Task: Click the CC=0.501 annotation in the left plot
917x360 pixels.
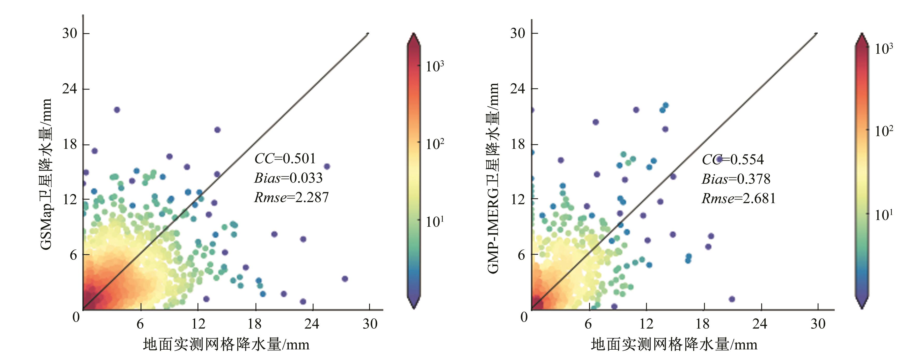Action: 285,158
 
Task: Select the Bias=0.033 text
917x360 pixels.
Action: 288,178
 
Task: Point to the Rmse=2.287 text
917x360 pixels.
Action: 291,197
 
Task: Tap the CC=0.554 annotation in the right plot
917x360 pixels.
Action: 733,159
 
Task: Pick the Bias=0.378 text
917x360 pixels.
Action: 736,179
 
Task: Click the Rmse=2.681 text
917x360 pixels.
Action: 739,198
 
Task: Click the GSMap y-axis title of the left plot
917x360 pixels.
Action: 46,174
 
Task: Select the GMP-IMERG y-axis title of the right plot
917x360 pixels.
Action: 493,178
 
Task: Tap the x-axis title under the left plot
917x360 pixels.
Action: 226,344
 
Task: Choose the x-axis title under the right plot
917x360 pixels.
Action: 674,344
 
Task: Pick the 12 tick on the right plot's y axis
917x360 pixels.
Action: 518,199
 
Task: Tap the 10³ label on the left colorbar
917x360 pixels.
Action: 435,66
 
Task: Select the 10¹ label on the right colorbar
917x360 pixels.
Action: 884,215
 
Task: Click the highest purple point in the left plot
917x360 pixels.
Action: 117,110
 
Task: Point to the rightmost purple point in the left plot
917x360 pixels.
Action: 344,279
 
